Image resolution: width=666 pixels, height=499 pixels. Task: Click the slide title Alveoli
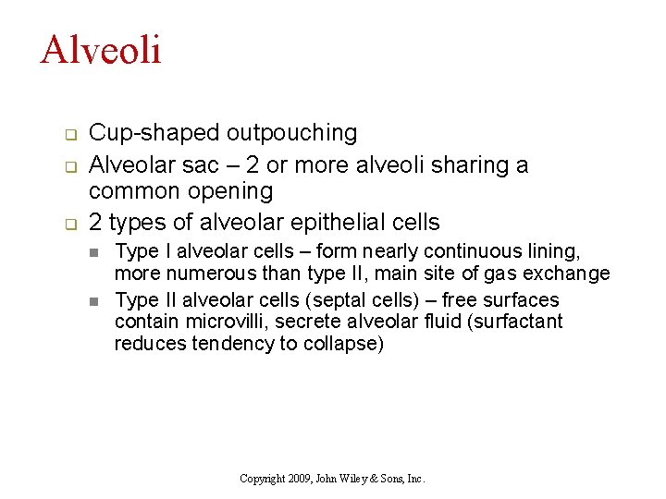tap(101, 49)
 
